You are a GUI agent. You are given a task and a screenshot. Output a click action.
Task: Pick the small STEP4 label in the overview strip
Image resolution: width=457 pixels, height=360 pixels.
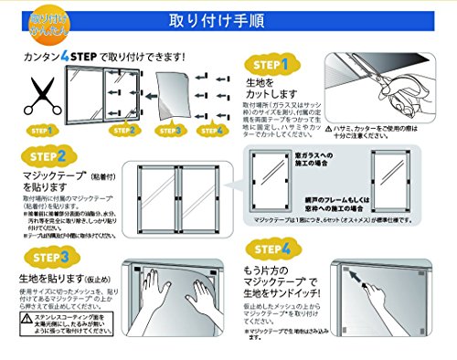[x=215, y=131]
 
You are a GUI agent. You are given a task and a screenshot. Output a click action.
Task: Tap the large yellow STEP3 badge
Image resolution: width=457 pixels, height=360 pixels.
[x=39, y=259]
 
